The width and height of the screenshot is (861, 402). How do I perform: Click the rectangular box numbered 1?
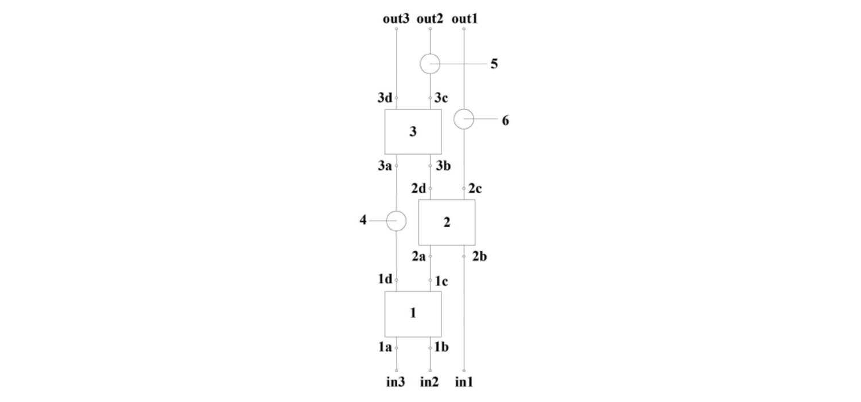point(413,314)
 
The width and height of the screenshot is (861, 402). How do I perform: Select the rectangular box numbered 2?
point(447,222)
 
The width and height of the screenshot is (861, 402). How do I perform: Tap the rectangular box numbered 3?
point(413,132)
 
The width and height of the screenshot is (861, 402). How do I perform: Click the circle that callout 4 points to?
point(396,221)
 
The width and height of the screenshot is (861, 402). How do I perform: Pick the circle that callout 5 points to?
point(430,64)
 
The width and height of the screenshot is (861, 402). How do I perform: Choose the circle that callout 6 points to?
point(464,119)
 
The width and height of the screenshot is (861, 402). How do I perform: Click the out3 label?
point(396,19)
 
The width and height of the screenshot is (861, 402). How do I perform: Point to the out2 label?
point(430,19)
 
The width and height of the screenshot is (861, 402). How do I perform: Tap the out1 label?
point(464,19)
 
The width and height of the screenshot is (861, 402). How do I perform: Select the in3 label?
point(395,381)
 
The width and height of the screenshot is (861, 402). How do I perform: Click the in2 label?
point(429,381)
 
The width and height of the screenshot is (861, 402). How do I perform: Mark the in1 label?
point(464,381)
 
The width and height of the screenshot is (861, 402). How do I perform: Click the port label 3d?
point(385,98)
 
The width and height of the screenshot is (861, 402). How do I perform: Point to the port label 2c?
point(475,188)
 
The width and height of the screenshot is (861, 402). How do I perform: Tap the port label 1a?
point(385,347)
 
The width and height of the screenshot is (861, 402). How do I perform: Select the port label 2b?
point(479,256)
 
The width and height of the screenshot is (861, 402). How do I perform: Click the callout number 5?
point(494,64)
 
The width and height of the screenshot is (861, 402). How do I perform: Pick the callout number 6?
point(505,121)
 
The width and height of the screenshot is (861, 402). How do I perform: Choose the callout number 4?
point(363,221)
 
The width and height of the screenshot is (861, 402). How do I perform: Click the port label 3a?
point(385,166)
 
